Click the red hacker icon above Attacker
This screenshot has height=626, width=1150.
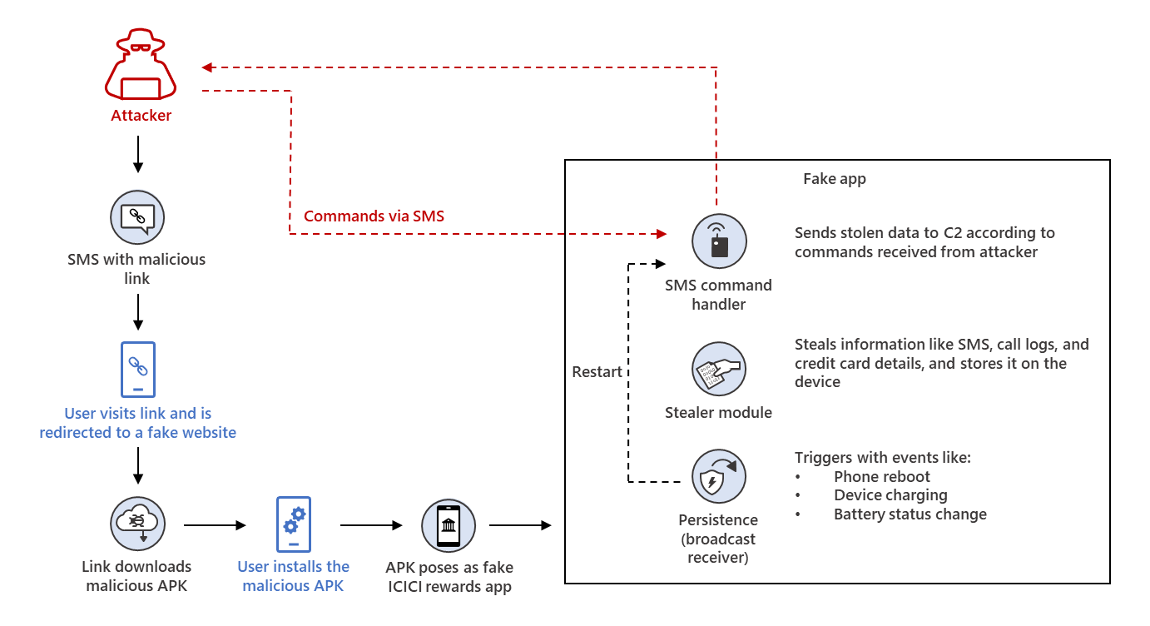[141, 66]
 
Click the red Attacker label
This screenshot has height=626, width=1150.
[141, 116]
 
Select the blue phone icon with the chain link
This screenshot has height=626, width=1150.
[137, 369]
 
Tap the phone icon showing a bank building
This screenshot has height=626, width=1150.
[449, 525]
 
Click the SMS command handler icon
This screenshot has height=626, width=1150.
[719, 241]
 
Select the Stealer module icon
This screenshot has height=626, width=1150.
[719, 369]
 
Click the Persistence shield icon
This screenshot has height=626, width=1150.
[719, 476]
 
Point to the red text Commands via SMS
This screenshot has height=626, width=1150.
[374, 216]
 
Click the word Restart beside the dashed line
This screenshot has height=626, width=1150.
[597, 372]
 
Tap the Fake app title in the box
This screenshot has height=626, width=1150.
[834, 179]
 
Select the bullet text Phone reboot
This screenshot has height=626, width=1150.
[881, 477]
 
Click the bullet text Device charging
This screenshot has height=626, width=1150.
[890, 495]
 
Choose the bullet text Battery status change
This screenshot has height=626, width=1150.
[910, 514]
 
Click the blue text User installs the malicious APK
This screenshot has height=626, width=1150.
[294, 576]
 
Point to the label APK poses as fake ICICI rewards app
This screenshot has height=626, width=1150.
[449, 577]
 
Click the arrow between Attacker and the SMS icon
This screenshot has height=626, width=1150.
[138, 154]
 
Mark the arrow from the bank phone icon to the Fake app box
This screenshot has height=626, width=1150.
[520, 525]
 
